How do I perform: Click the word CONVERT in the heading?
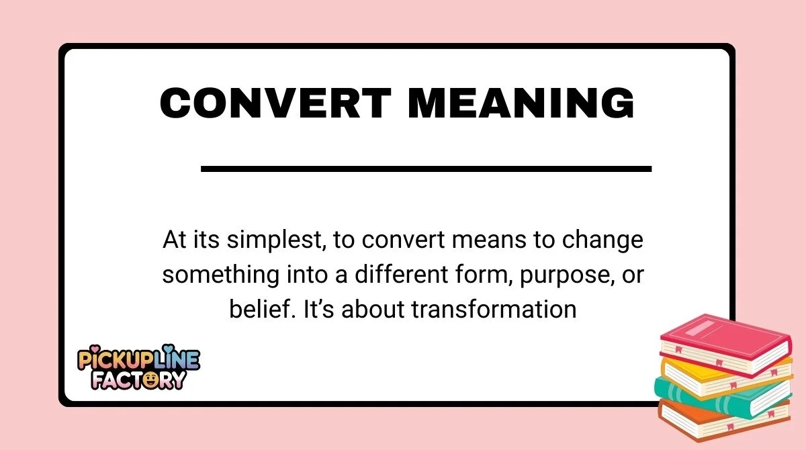click(275, 105)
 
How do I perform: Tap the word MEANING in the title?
click(521, 105)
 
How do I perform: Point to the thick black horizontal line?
click(426, 169)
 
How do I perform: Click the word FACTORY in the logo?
click(139, 381)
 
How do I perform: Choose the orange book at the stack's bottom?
click(719, 420)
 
